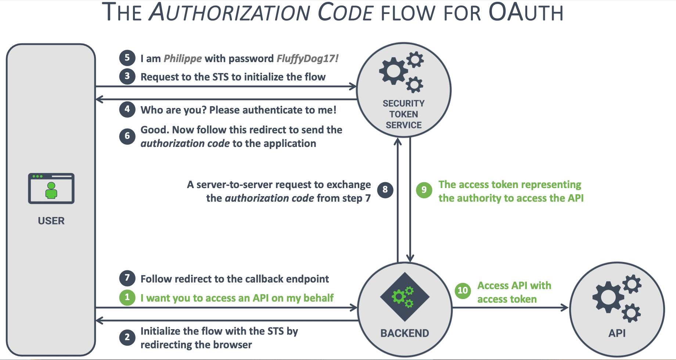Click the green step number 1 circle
127,298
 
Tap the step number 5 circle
127,58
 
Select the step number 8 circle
385,190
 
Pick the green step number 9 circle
424,190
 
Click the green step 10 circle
463,291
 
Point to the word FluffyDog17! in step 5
307,59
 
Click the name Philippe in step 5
183,59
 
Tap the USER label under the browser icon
51,221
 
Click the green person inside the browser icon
51,191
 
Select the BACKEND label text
404,333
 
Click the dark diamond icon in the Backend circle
404,296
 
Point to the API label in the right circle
617,333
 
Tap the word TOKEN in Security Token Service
403,114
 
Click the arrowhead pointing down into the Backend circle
410,258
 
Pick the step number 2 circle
127,337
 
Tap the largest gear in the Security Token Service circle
393,71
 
